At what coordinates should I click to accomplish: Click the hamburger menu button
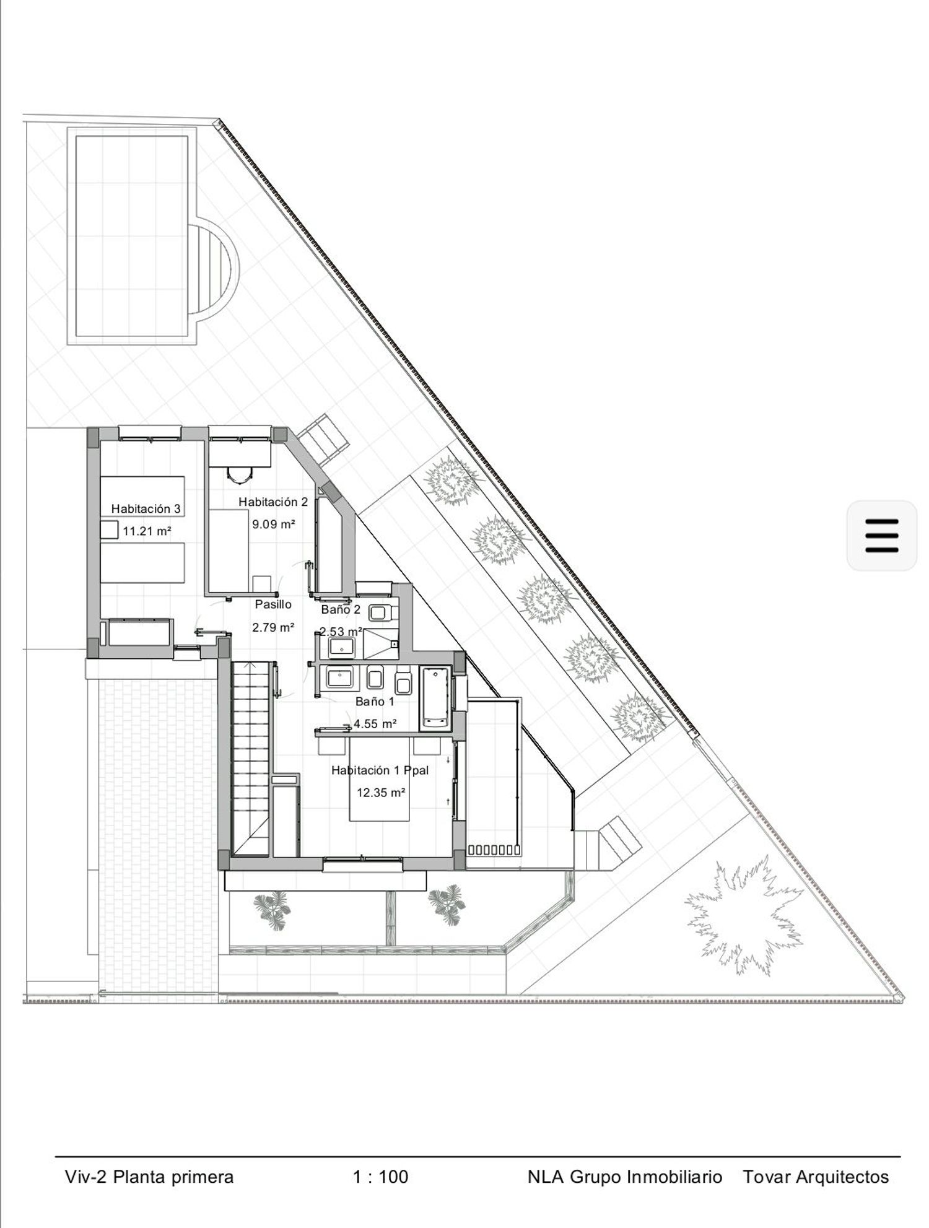coord(881,536)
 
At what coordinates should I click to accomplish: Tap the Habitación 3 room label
coord(146,508)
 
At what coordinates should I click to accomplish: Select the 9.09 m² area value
coord(273,524)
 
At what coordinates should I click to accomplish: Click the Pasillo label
coord(273,604)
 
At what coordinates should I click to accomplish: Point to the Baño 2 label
coord(341,609)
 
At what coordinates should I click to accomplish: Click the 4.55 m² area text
coord(375,723)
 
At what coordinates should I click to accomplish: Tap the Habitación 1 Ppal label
coord(380,770)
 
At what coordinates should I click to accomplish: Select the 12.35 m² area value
coord(381,792)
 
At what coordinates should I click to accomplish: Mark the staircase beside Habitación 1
coord(251,758)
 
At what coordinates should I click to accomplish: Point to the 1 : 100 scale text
coord(380,1177)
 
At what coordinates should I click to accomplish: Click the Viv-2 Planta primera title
coord(149,1177)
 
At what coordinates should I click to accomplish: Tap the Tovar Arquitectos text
coord(816,1177)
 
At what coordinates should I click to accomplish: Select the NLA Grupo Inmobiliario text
coord(625,1177)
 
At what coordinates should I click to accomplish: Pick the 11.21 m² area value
coord(147,531)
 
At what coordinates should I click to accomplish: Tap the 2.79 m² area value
coord(273,627)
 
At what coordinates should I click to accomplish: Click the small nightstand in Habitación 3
coord(110,529)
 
